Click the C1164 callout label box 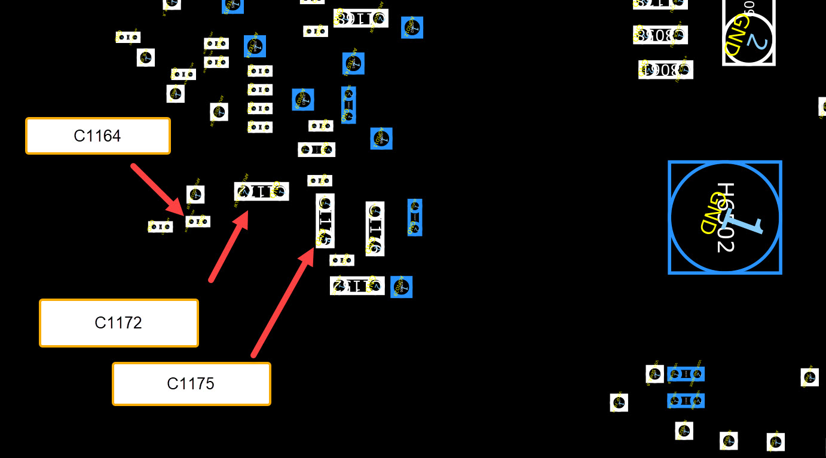tap(98, 136)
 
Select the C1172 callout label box tap(118, 323)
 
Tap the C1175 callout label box tap(191, 383)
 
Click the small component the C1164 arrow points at tap(198, 222)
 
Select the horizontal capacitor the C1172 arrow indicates tap(261, 192)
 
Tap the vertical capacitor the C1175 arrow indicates tap(325, 220)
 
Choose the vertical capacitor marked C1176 tap(375, 228)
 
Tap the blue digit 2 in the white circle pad tap(756, 42)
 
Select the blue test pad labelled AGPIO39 tap(303, 100)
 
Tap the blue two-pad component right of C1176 tap(415, 217)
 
